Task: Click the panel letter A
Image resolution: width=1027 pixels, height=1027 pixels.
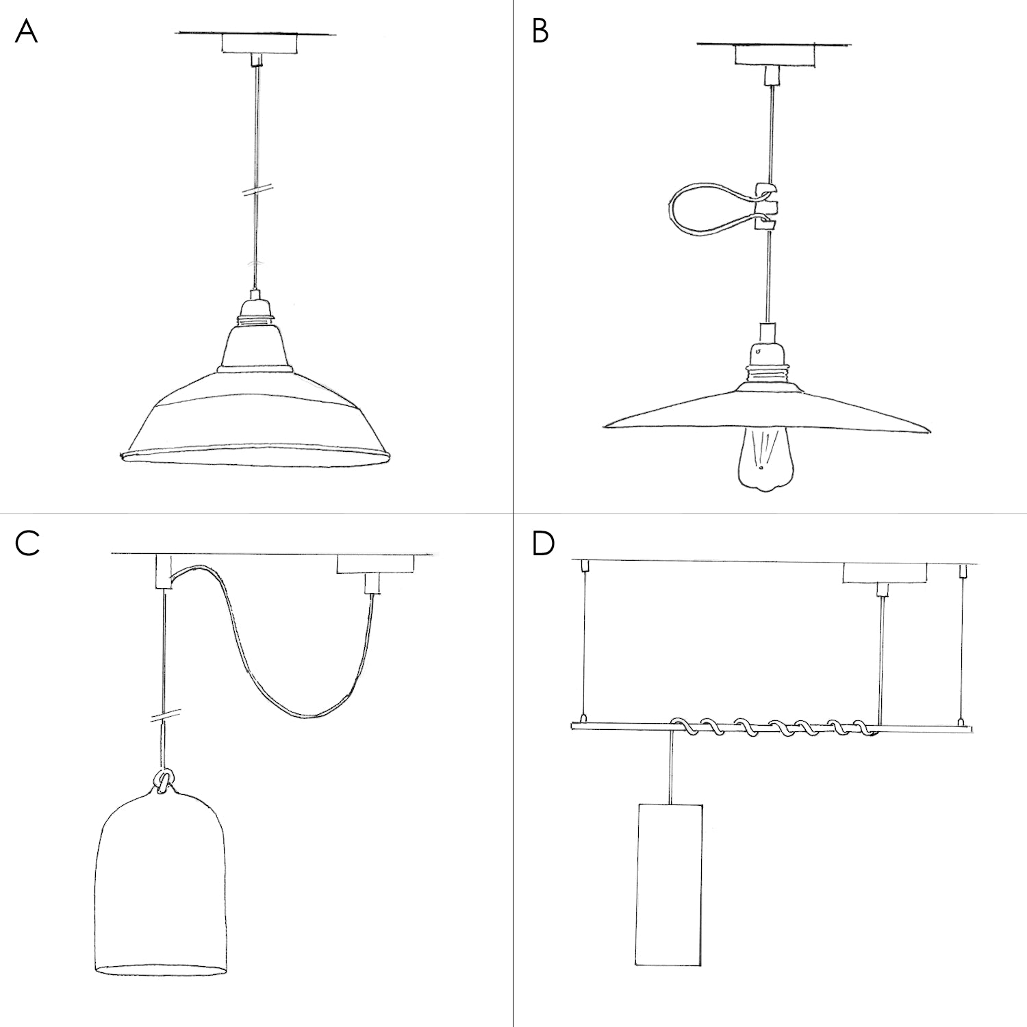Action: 26,31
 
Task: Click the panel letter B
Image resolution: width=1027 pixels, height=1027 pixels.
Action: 540,31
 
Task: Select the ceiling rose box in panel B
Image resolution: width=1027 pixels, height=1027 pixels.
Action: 775,55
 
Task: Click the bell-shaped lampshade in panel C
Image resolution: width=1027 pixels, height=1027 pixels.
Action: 162,890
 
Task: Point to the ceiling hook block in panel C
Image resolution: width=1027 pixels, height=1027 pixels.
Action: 163,572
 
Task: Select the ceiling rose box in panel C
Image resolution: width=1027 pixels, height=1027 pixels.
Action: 375,565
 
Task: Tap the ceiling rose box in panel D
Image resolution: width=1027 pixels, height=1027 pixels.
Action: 883,572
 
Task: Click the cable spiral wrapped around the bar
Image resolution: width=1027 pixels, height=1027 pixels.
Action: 774,728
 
